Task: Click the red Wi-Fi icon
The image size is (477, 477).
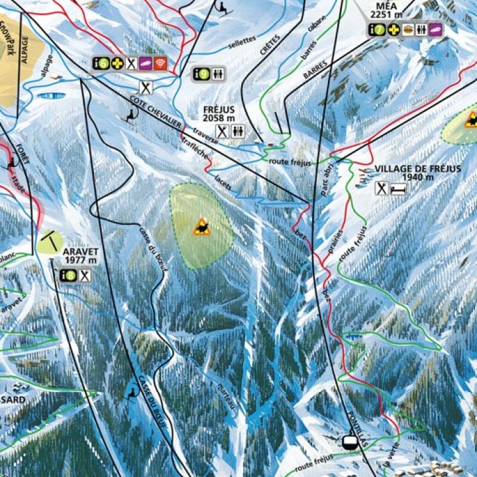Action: click(160, 64)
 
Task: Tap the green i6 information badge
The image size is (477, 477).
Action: click(100, 64)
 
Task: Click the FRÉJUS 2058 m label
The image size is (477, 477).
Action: click(219, 113)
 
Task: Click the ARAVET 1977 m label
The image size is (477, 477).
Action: click(80, 256)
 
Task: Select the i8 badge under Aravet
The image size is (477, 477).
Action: click(68, 275)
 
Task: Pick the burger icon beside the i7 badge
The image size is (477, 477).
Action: click(407, 29)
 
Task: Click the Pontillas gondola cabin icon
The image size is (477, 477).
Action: click(349, 440)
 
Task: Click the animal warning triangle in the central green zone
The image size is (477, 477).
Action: click(201, 227)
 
